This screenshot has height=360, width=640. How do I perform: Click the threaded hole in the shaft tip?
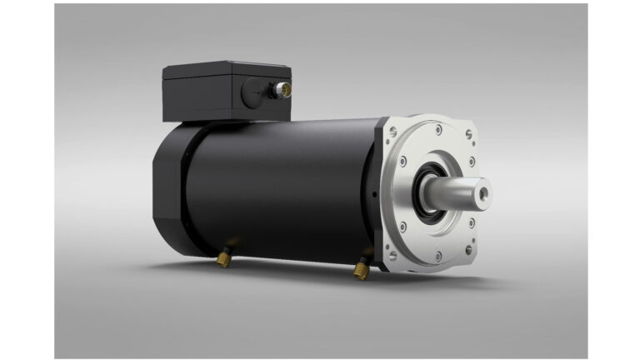pyautogui.click(x=482, y=193)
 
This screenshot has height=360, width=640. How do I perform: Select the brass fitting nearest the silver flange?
pyautogui.click(x=361, y=268)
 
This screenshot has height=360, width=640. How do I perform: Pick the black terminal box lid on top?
pyautogui.click(x=225, y=69)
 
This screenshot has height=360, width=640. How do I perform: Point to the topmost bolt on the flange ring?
pyautogui.click(x=434, y=129)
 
